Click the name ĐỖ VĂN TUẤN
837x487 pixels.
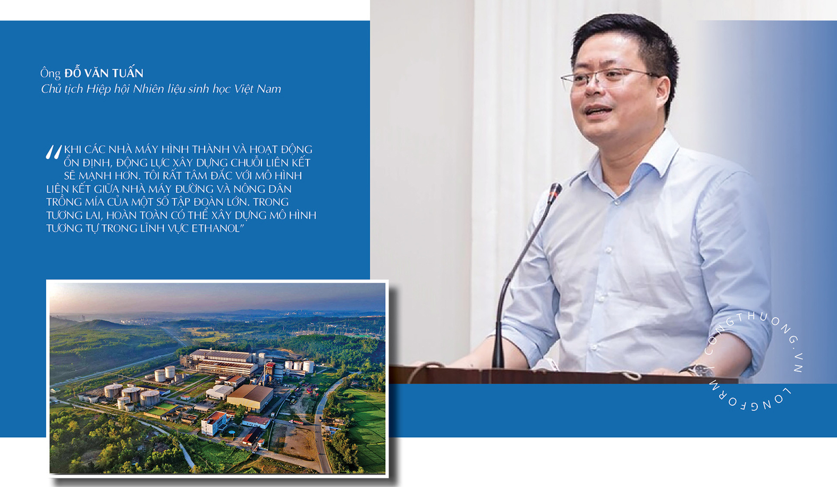click(104, 73)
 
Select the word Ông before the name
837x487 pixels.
click(50, 73)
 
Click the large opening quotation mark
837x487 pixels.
click(54, 153)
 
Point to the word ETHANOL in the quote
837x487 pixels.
click(215, 229)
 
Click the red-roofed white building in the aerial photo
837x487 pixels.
click(214, 422)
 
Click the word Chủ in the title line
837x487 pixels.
click(51, 89)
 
